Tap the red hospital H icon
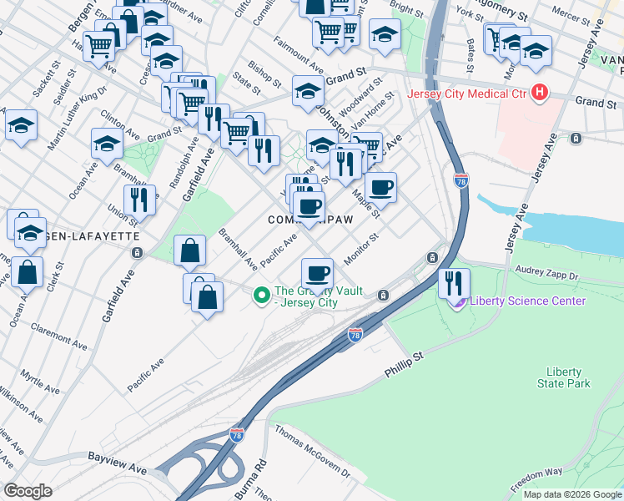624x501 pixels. [541, 92]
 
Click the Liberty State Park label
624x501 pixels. [568, 377]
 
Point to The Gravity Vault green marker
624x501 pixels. [261, 294]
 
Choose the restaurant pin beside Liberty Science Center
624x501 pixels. [455, 281]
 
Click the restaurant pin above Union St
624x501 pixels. [139, 199]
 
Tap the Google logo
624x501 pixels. [28, 491]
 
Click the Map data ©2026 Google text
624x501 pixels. [571, 494]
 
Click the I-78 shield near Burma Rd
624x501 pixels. [238, 435]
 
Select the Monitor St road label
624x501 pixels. [362, 248]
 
